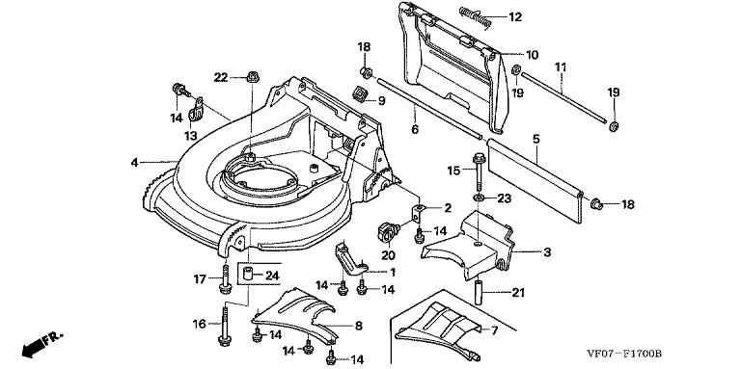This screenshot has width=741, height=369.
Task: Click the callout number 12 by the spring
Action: point(514,17)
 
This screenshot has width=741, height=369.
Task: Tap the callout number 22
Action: point(221,77)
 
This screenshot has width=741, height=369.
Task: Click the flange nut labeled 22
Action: point(251,76)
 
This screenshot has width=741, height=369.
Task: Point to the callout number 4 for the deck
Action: point(135,162)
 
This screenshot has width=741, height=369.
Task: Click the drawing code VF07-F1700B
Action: point(624,354)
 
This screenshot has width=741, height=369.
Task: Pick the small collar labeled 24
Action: point(249,274)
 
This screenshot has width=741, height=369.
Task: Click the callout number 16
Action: point(200,324)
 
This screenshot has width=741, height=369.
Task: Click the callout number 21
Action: point(518,293)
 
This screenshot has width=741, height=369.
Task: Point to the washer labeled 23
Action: point(479,197)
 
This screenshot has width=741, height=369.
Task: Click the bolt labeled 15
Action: point(478,170)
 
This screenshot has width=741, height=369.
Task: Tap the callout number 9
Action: point(381,100)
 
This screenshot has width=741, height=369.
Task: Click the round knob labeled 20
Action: point(389,231)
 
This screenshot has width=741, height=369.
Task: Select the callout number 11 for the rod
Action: point(561,67)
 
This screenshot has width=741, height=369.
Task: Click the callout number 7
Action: point(494,330)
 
